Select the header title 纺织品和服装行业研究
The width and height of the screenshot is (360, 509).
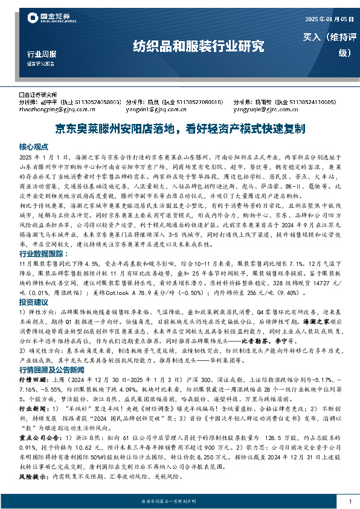point(199,46)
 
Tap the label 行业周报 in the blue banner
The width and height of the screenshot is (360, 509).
point(42,54)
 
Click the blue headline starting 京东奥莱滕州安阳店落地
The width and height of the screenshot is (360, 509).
point(179,129)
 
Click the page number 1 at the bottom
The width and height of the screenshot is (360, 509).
point(350,502)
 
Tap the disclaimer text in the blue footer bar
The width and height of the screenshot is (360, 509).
point(179,502)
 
